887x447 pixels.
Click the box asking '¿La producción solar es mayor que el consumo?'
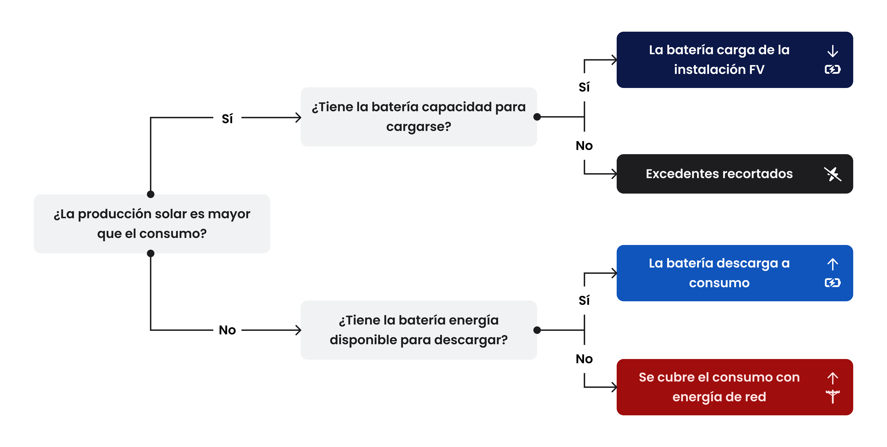[x=152, y=224]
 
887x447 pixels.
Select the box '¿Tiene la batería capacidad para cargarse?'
[x=419, y=117]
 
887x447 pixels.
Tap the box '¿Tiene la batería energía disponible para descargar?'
[x=419, y=330]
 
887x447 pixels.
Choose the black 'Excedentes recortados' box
[x=735, y=174]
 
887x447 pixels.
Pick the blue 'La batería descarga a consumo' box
[x=735, y=273]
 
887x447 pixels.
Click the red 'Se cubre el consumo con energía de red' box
[x=735, y=387]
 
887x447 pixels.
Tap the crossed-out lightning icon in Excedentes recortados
[x=833, y=174]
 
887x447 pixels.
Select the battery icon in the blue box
[x=833, y=283]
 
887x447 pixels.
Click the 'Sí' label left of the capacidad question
[x=227, y=118]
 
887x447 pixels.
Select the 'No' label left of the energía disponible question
[x=227, y=330]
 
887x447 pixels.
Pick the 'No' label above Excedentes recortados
[x=584, y=146]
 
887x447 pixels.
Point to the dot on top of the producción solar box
[x=151, y=194]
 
